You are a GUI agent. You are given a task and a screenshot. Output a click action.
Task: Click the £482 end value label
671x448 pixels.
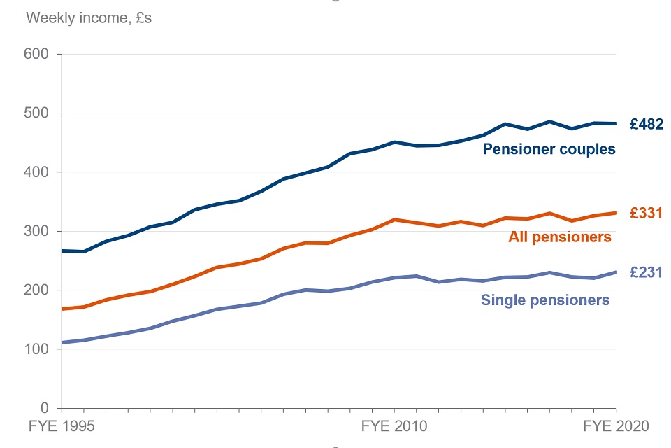coord(646,125)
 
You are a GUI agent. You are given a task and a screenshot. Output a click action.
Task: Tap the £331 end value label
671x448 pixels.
coord(646,213)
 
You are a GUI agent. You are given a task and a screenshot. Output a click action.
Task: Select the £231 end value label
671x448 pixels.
coord(646,272)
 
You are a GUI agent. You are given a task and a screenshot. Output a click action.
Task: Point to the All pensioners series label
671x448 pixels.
coord(559,237)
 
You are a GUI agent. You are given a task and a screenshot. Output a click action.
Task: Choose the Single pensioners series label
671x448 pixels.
coord(545,300)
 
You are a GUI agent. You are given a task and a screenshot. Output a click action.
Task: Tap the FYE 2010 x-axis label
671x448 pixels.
coord(394,426)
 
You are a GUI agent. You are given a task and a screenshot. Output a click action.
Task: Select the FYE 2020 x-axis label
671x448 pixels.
coord(616,426)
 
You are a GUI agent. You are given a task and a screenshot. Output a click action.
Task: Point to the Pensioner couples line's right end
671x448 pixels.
coord(616,124)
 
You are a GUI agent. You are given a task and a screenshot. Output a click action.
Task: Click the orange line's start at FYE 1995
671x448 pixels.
coord(62,309)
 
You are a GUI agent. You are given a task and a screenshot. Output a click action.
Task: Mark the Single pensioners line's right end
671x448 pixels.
coord(616,272)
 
